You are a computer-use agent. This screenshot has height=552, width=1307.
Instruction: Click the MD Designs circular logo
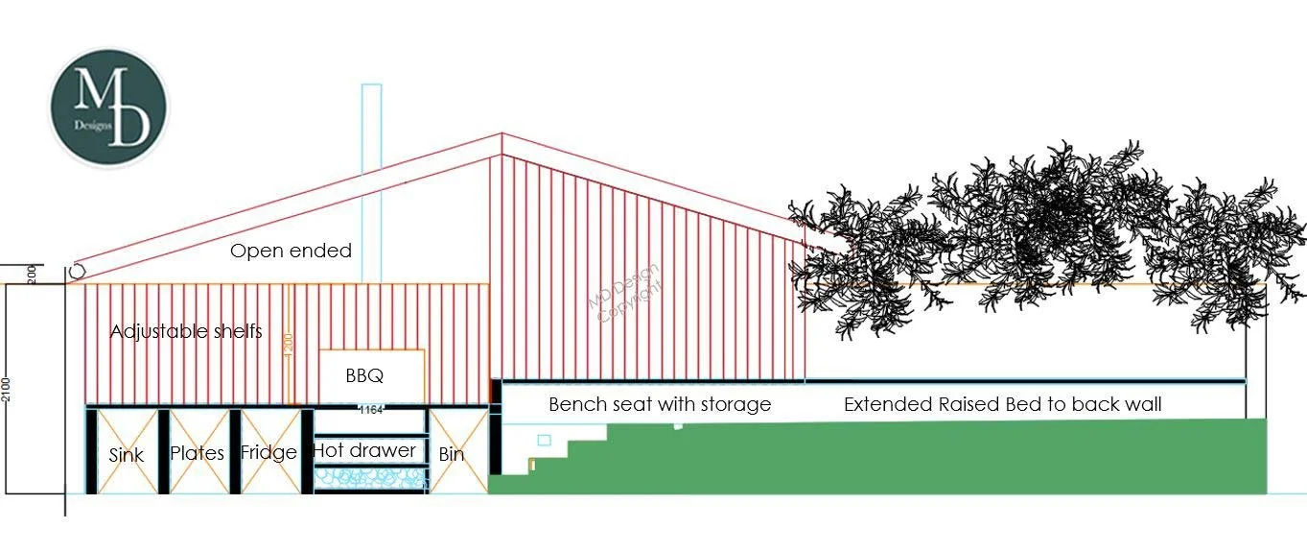pyautogui.click(x=108, y=108)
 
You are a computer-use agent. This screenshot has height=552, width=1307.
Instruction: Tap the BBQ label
pyautogui.click(x=364, y=375)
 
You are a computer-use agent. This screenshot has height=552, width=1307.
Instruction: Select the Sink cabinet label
pyautogui.click(x=126, y=454)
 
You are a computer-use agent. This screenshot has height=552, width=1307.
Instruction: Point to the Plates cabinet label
pyautogui.click(x=197, y=453)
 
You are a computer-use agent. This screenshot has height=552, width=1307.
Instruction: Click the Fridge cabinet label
pyautogui.click(x=268, y=452)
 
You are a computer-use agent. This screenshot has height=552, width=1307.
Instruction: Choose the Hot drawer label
pyautogui.click(x=364, y=450)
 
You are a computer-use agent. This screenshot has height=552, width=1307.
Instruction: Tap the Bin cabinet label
pyautogui.click(x=451, y=454)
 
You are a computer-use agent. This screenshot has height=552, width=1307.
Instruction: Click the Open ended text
pyautogui.click(x=291, y=252)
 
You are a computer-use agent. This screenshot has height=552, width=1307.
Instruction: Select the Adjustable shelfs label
pyautogui.click(x=186, y=331)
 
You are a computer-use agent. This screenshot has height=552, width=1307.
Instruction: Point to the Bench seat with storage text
pyautogui.click(x=660, y=404)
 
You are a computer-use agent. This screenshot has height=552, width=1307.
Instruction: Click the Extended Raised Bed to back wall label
pyautogui.click(x=1002, y=404)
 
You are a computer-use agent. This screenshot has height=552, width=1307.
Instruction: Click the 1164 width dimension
pyautogui.click(x=370, y=410)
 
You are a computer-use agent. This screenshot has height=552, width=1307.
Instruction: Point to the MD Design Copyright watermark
pyautogui.click(x=623, y=291)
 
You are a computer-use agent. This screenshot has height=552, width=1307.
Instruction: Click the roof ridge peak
pyautogui.click(x=502, y=135)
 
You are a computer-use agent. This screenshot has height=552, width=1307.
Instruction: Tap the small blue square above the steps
pyautogui.click(x=545, y=441)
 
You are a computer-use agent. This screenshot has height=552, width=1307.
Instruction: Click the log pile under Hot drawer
pyautogui.click(x=369, y=477)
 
